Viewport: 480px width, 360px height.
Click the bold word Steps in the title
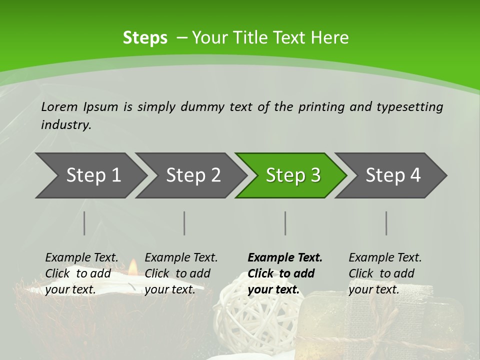point(145,38)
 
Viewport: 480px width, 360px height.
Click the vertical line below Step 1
point(84,223)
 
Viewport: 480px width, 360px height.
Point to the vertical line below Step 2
point(184,223)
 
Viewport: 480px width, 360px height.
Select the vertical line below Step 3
point(285,223)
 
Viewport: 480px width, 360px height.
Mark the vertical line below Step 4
point(386,223)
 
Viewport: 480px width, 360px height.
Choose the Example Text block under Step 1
point(81,273)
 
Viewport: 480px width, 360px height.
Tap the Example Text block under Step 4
point(385,273)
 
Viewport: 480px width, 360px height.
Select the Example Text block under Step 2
point(181,273)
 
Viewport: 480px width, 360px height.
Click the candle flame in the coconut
point(132,267)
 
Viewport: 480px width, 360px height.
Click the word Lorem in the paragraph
point(59,106)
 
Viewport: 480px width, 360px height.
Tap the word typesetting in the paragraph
point(409,106)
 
